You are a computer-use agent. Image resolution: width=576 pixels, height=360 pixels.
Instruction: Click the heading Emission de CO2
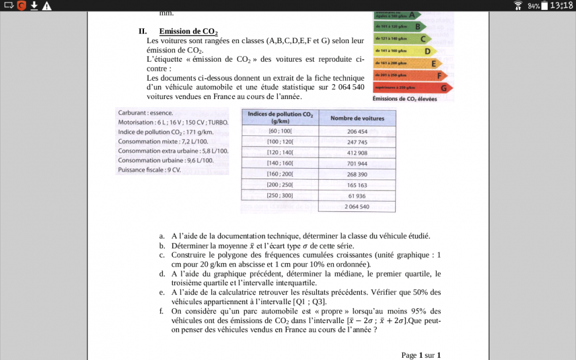pyautogui.click(x=188, y=31)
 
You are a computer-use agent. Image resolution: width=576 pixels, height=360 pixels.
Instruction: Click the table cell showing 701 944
pyautogui.click(x=357, y=164)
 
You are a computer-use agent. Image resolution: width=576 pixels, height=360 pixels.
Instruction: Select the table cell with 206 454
pyautogui.click(x=357, y=131)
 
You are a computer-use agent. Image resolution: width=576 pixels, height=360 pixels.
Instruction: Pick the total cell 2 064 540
pyautogui.click(x=357, y=206)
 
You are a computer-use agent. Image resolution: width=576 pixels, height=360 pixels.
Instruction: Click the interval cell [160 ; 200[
pyautogui.click(x=280, y=174)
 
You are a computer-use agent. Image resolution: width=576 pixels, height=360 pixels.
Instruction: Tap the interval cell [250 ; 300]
pyautogui.click(x=280, y=195)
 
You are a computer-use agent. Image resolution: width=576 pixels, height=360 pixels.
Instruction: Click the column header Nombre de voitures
pyautogui.click(x=357, y=118)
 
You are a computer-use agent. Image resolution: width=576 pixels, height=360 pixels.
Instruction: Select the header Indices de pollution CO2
pyautogui.click(x=280, y=118)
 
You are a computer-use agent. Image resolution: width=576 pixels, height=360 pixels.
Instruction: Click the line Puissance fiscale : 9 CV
pyautogui.click(x=149, y=170)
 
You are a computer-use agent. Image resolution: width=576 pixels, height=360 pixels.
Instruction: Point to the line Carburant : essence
pyautogui.click(x=145, y=113)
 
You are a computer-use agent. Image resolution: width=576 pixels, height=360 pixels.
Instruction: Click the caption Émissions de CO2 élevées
pyautogui.click(x=404, y=99)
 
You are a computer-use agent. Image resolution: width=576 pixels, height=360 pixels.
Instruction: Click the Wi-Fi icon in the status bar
pyautogui.click(x=518, y=6)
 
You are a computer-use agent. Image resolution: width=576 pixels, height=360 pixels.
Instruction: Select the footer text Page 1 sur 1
pyautogui.click(x=420, y=355)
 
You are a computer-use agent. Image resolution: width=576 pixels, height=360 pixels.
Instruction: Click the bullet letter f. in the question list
pyautogui.click(x=162, y=311)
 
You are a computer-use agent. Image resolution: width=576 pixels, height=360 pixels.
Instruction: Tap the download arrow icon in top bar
pyautogui.click(x=34, y=6)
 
